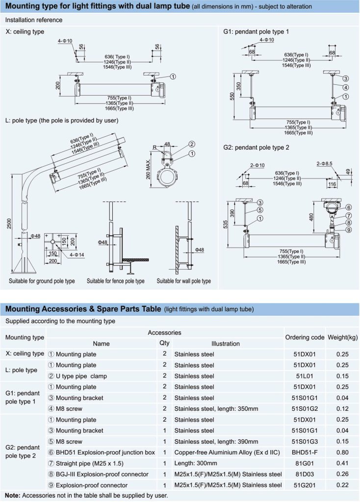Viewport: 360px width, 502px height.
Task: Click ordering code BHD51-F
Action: point(304,452)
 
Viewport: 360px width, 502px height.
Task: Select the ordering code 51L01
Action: point(304,376)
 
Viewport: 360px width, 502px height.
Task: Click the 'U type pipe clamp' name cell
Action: point(81,376)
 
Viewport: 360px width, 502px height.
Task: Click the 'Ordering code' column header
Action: point(304,337)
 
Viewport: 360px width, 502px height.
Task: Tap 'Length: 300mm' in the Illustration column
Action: point(195,463)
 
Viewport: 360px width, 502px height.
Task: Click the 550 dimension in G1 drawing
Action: point(232,96)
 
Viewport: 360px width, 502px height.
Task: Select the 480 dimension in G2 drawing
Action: point(310,217)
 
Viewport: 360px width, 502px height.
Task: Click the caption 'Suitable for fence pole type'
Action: point(116,281)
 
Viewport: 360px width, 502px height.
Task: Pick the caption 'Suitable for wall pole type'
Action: point(184,281)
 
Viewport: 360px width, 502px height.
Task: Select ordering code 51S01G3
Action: point(304,441)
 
